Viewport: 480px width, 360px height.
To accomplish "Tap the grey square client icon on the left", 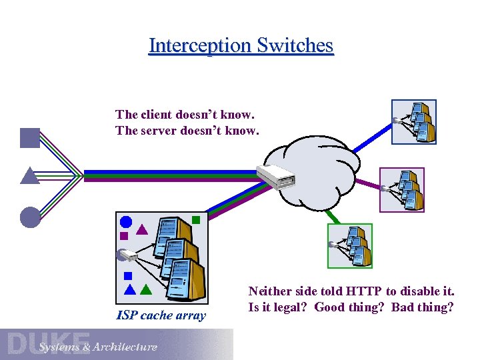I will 30,137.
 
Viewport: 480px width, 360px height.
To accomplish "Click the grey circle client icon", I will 30,217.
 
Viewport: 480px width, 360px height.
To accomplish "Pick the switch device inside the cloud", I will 275,177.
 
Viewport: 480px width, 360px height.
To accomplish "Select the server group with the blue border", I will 413,121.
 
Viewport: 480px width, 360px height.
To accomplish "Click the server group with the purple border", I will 401,189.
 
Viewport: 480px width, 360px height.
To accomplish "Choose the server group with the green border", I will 350,245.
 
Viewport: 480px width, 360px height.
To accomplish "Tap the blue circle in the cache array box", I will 125,223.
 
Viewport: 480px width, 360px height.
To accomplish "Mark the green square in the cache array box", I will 196,219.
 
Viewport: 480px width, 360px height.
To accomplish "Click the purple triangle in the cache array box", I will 141,231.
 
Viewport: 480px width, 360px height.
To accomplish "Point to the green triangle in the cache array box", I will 145,290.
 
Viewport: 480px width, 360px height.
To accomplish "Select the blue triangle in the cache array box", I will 130,290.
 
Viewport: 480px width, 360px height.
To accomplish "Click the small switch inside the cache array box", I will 126,255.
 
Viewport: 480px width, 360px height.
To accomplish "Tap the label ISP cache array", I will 161,315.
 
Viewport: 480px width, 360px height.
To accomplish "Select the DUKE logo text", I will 49,343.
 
